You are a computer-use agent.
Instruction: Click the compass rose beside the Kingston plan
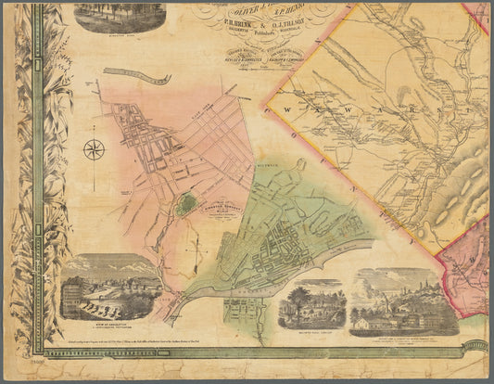95,149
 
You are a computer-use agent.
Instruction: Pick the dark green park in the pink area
186,203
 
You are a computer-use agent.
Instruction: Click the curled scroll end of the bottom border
475,347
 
